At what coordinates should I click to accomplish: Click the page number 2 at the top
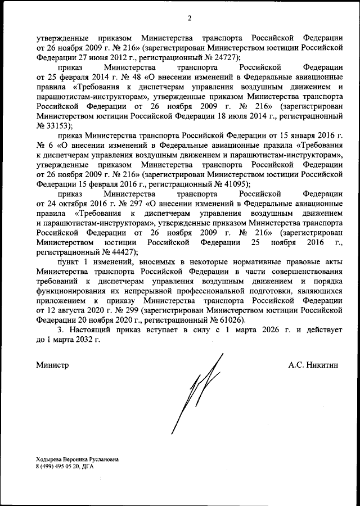[190, 18]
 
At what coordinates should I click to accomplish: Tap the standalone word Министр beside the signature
[52, 365]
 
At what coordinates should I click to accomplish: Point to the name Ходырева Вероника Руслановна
[77, 459]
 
